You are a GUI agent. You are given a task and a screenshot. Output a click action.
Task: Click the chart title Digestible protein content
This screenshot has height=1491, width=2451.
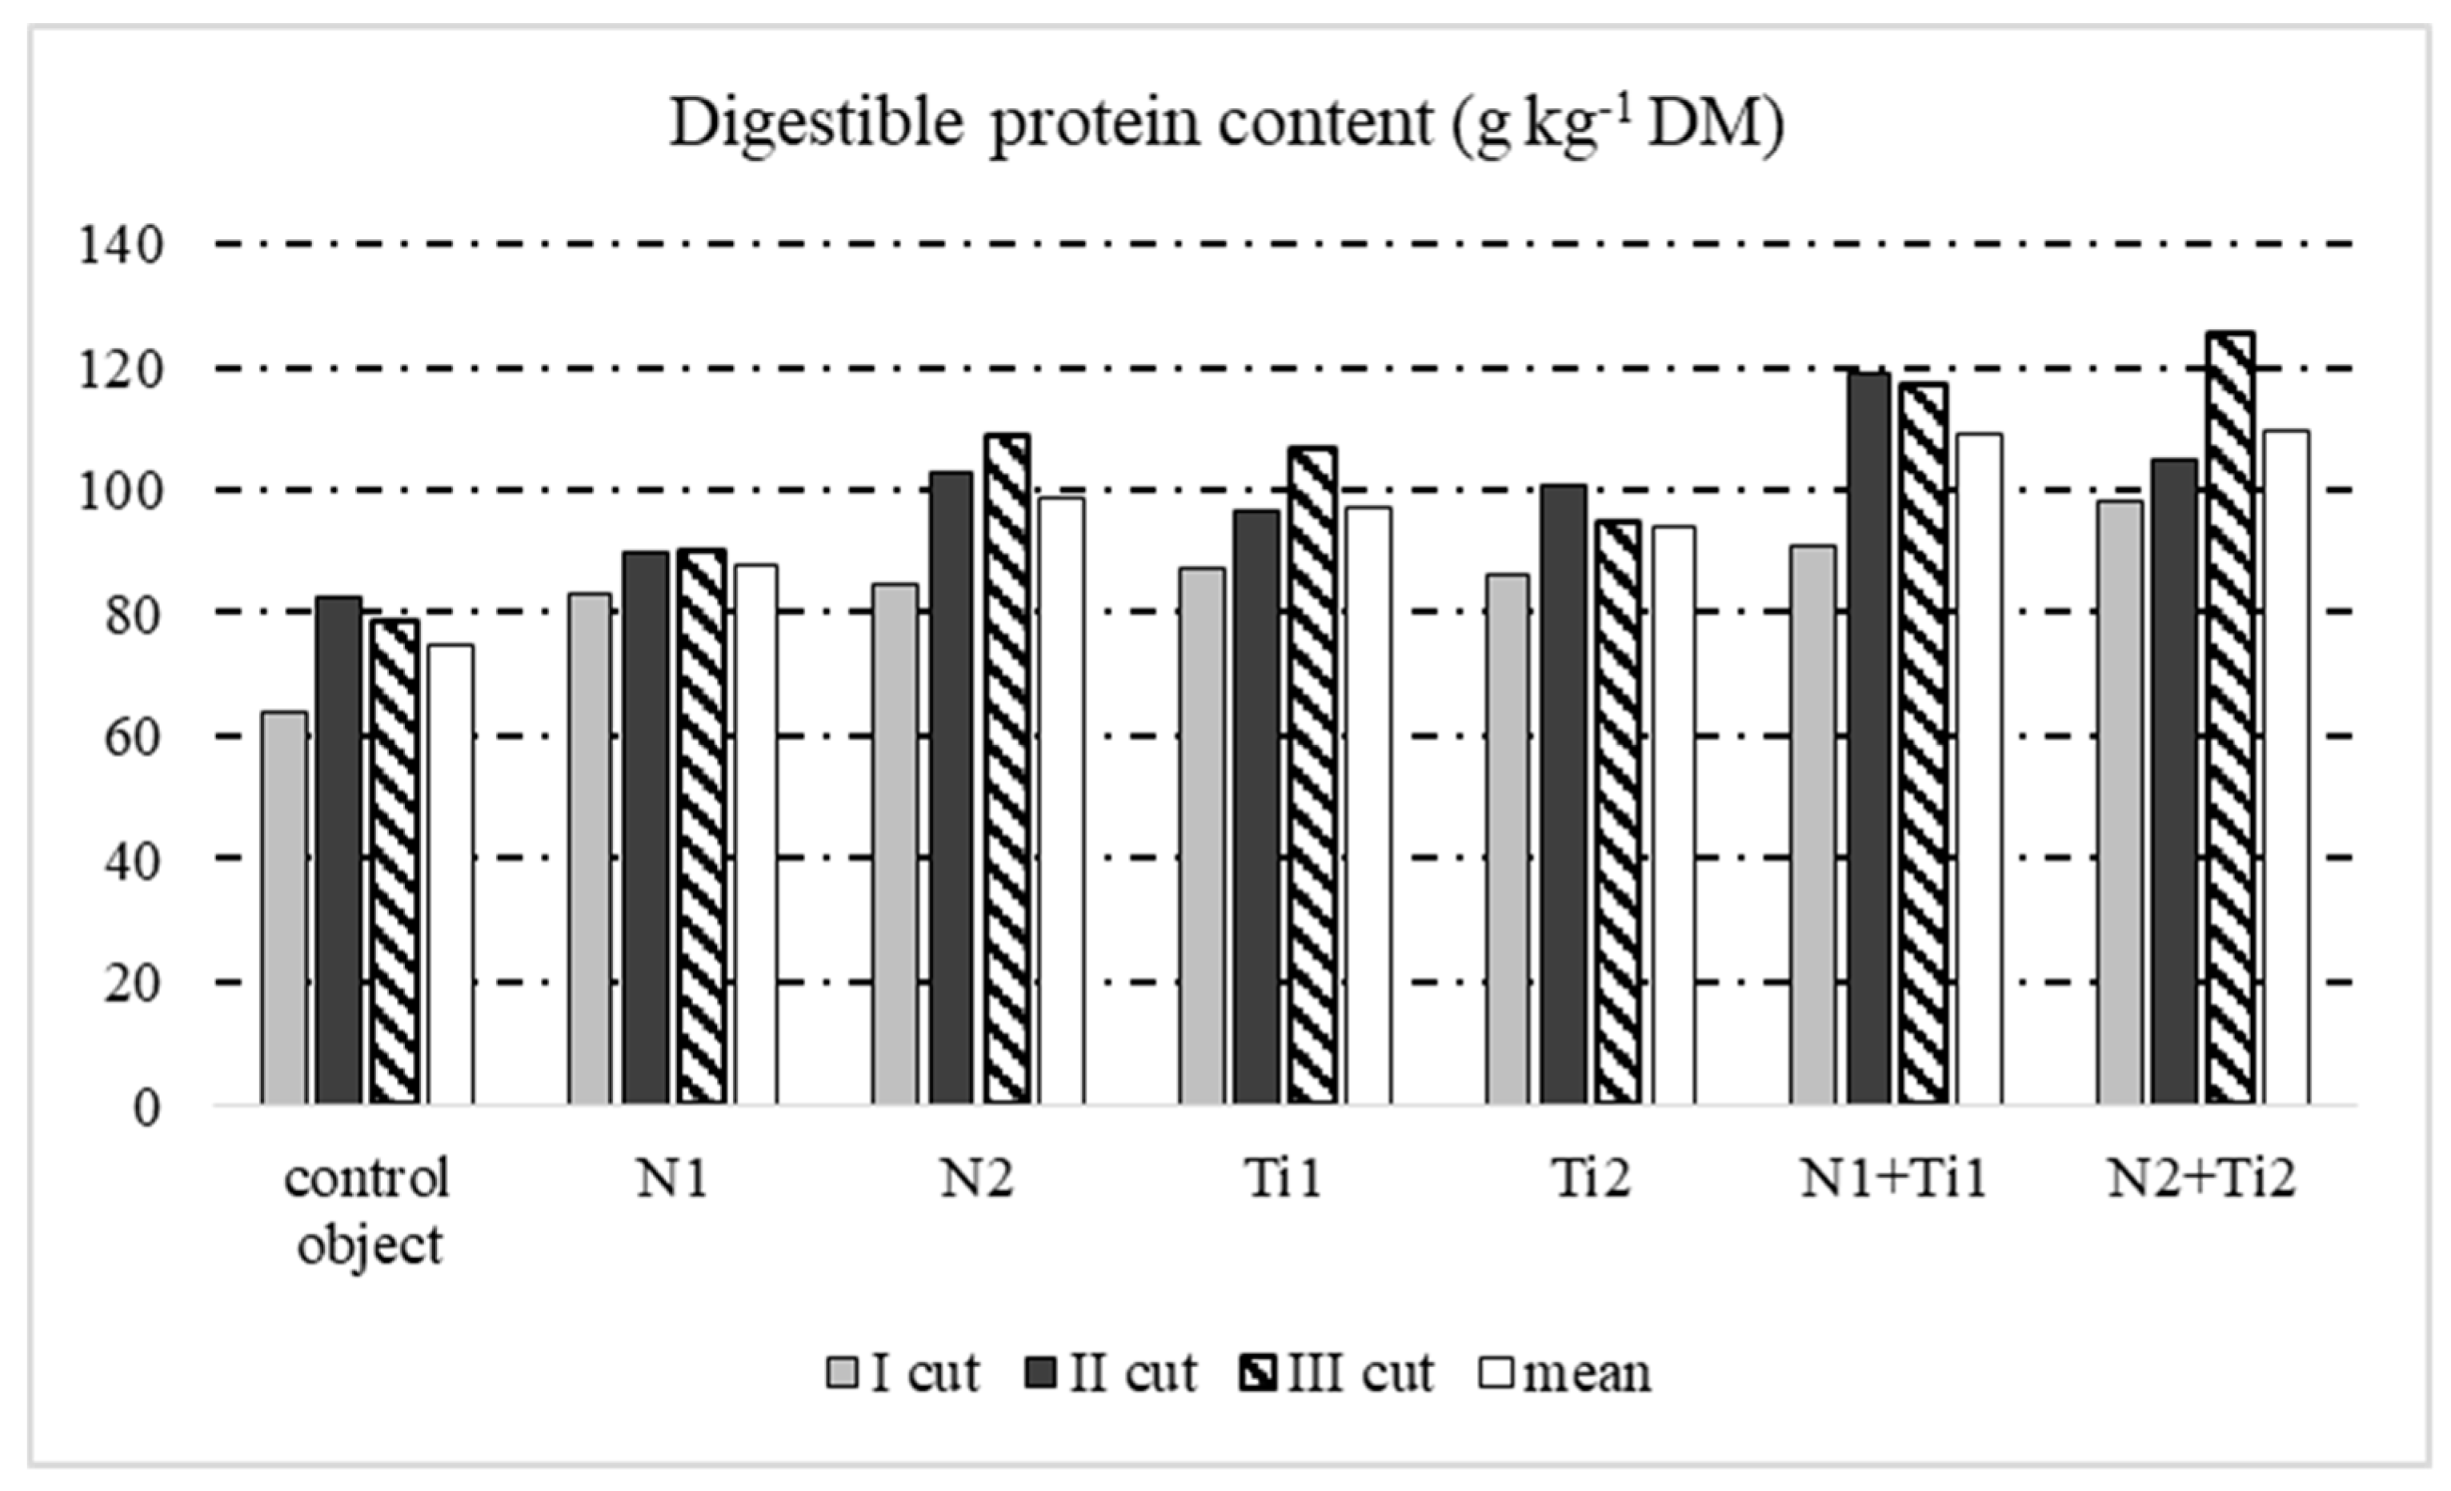pyautogui.click(x=1226, y=124)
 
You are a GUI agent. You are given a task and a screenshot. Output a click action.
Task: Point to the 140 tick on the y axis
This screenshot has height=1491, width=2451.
pyautogui.click(x=120, y=246)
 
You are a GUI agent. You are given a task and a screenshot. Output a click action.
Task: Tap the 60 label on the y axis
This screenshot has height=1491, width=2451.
pyautogui.click(x=131, y=738)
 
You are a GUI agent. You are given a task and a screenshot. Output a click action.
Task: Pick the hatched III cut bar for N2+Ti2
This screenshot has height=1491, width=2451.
pyautogui.click(x=2229, y=716)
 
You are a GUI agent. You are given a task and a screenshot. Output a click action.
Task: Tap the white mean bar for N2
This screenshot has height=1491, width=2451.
pyautogui.click(x=1060, y=800)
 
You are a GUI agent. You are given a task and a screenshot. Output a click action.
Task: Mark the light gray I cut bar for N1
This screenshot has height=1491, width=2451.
pyautogui.click(x=589, y=848)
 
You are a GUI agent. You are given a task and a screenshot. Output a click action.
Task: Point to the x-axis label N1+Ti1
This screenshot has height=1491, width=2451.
pyautogui.click(x=1893, y=1179)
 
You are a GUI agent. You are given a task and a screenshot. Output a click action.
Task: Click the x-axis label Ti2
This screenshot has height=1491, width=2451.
pyautogui.click(x=1591, y=1179)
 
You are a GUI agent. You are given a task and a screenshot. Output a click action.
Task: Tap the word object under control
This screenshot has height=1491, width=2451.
pyautogui.click(x=369, y=1246)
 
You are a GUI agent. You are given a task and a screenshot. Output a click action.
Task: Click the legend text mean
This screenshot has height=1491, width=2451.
pyautogui.click(x=1587, y=1373)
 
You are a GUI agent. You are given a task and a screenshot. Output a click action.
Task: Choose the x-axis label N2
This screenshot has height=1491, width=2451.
pyautogui.click(x=977, y=1179)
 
